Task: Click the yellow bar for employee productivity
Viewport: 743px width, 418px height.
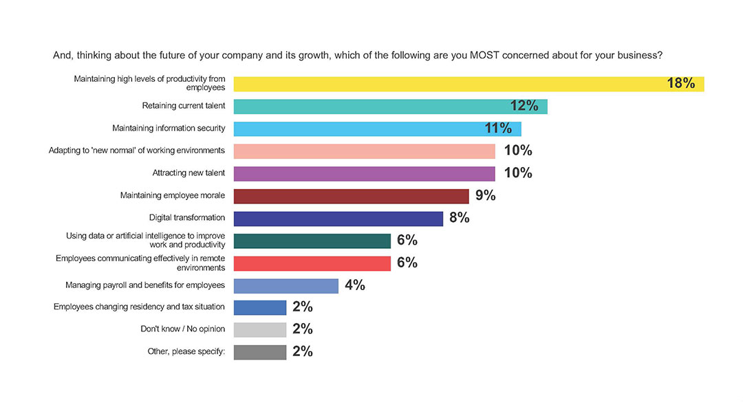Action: (x=447, y=84)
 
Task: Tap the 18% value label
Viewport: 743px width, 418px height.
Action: (x=680, y=84)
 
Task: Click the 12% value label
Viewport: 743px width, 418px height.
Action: (x=524, y=106)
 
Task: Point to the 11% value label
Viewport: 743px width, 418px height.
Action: (x=497, y=129)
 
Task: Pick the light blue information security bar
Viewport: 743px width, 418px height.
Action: (x=358, y=129)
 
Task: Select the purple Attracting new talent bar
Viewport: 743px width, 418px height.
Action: (x=364, y=173)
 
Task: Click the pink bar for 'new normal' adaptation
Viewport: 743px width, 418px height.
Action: (x=364, y=151)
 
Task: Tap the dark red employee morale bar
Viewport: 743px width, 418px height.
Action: (x=351, y=196)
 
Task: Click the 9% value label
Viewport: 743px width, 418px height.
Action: (x=485, y=196)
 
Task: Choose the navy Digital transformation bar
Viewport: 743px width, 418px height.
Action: (x=338, y=218)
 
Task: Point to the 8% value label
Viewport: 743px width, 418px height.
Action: (x=459, y=218)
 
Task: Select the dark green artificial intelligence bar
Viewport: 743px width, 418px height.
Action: (x=312, y=241)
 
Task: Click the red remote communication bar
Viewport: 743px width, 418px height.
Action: (x=312, y=263)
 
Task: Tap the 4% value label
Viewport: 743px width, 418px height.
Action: (x=354, y=285)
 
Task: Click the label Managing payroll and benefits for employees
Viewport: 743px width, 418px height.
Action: (x=145, y=285)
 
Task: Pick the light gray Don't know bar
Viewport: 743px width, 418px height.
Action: (x=259, y=329)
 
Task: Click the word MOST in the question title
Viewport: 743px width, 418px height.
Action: (x=486, y=55)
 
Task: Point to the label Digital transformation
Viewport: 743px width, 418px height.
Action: (x=187, y=218)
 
